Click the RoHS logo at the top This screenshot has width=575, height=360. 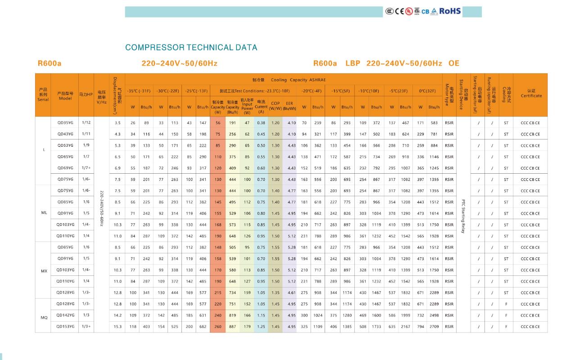point(450,11)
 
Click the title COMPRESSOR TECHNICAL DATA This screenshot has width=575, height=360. point(191,47)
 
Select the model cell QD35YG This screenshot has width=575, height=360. point(65,123)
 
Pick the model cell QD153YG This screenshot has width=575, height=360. point(65,327)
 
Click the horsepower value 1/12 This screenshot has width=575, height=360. point(86,123)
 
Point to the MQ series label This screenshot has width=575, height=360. point(44,318)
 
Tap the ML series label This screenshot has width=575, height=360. point(44,213)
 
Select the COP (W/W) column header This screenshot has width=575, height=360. point(275,106)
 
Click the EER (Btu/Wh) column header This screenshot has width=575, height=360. point(290,106)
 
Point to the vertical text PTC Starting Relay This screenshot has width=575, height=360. point(463,216)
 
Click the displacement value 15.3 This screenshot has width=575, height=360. point(118,327)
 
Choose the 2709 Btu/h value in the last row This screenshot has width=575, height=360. point(434,327)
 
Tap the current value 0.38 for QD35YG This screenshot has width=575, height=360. point(261,123)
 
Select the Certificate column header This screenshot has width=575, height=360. point(531,93)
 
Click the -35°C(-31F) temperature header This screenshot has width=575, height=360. point(139,91)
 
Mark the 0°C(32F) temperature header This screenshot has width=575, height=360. point(427,91)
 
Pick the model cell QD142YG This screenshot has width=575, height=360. point(65,315)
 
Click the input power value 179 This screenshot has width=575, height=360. point(247,327)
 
